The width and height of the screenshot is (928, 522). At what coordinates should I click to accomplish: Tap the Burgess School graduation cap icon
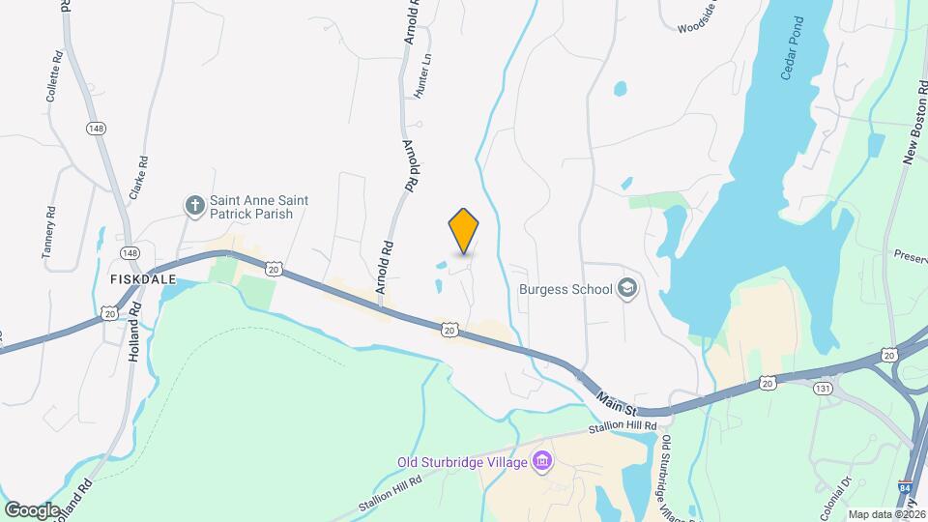[x=627, y=288]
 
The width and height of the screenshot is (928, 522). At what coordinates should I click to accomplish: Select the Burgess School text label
[x=565, y=288]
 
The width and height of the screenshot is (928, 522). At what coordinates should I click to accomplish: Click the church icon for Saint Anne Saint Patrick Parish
[x=194, y=206]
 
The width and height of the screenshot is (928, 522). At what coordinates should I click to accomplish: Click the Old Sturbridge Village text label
[x=462, y=462]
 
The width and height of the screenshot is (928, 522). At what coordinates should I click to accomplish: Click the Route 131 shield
[x=819, y=388]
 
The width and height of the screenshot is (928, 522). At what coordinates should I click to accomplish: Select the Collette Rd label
[x=52, y=76]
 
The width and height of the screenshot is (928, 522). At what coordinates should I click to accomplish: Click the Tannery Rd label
[x=47, y=232]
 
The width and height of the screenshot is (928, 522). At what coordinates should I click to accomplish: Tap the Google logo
[x=32, y=509]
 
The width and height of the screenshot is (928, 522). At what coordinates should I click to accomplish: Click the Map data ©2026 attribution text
[x=886, y=514]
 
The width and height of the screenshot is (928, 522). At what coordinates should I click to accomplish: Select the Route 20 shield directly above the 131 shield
[x=768, y=383]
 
